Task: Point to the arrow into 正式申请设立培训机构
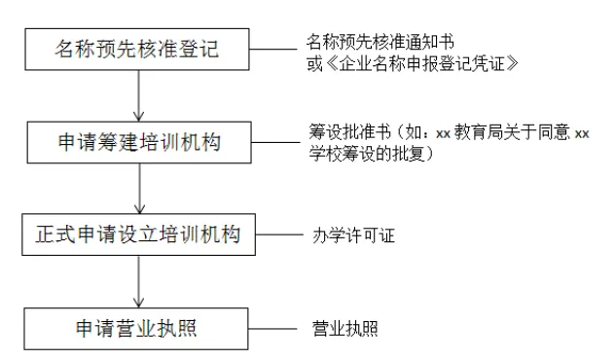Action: point(143,190)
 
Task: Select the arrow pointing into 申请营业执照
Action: point(143,282)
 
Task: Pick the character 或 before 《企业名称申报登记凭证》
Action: point(313,62)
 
